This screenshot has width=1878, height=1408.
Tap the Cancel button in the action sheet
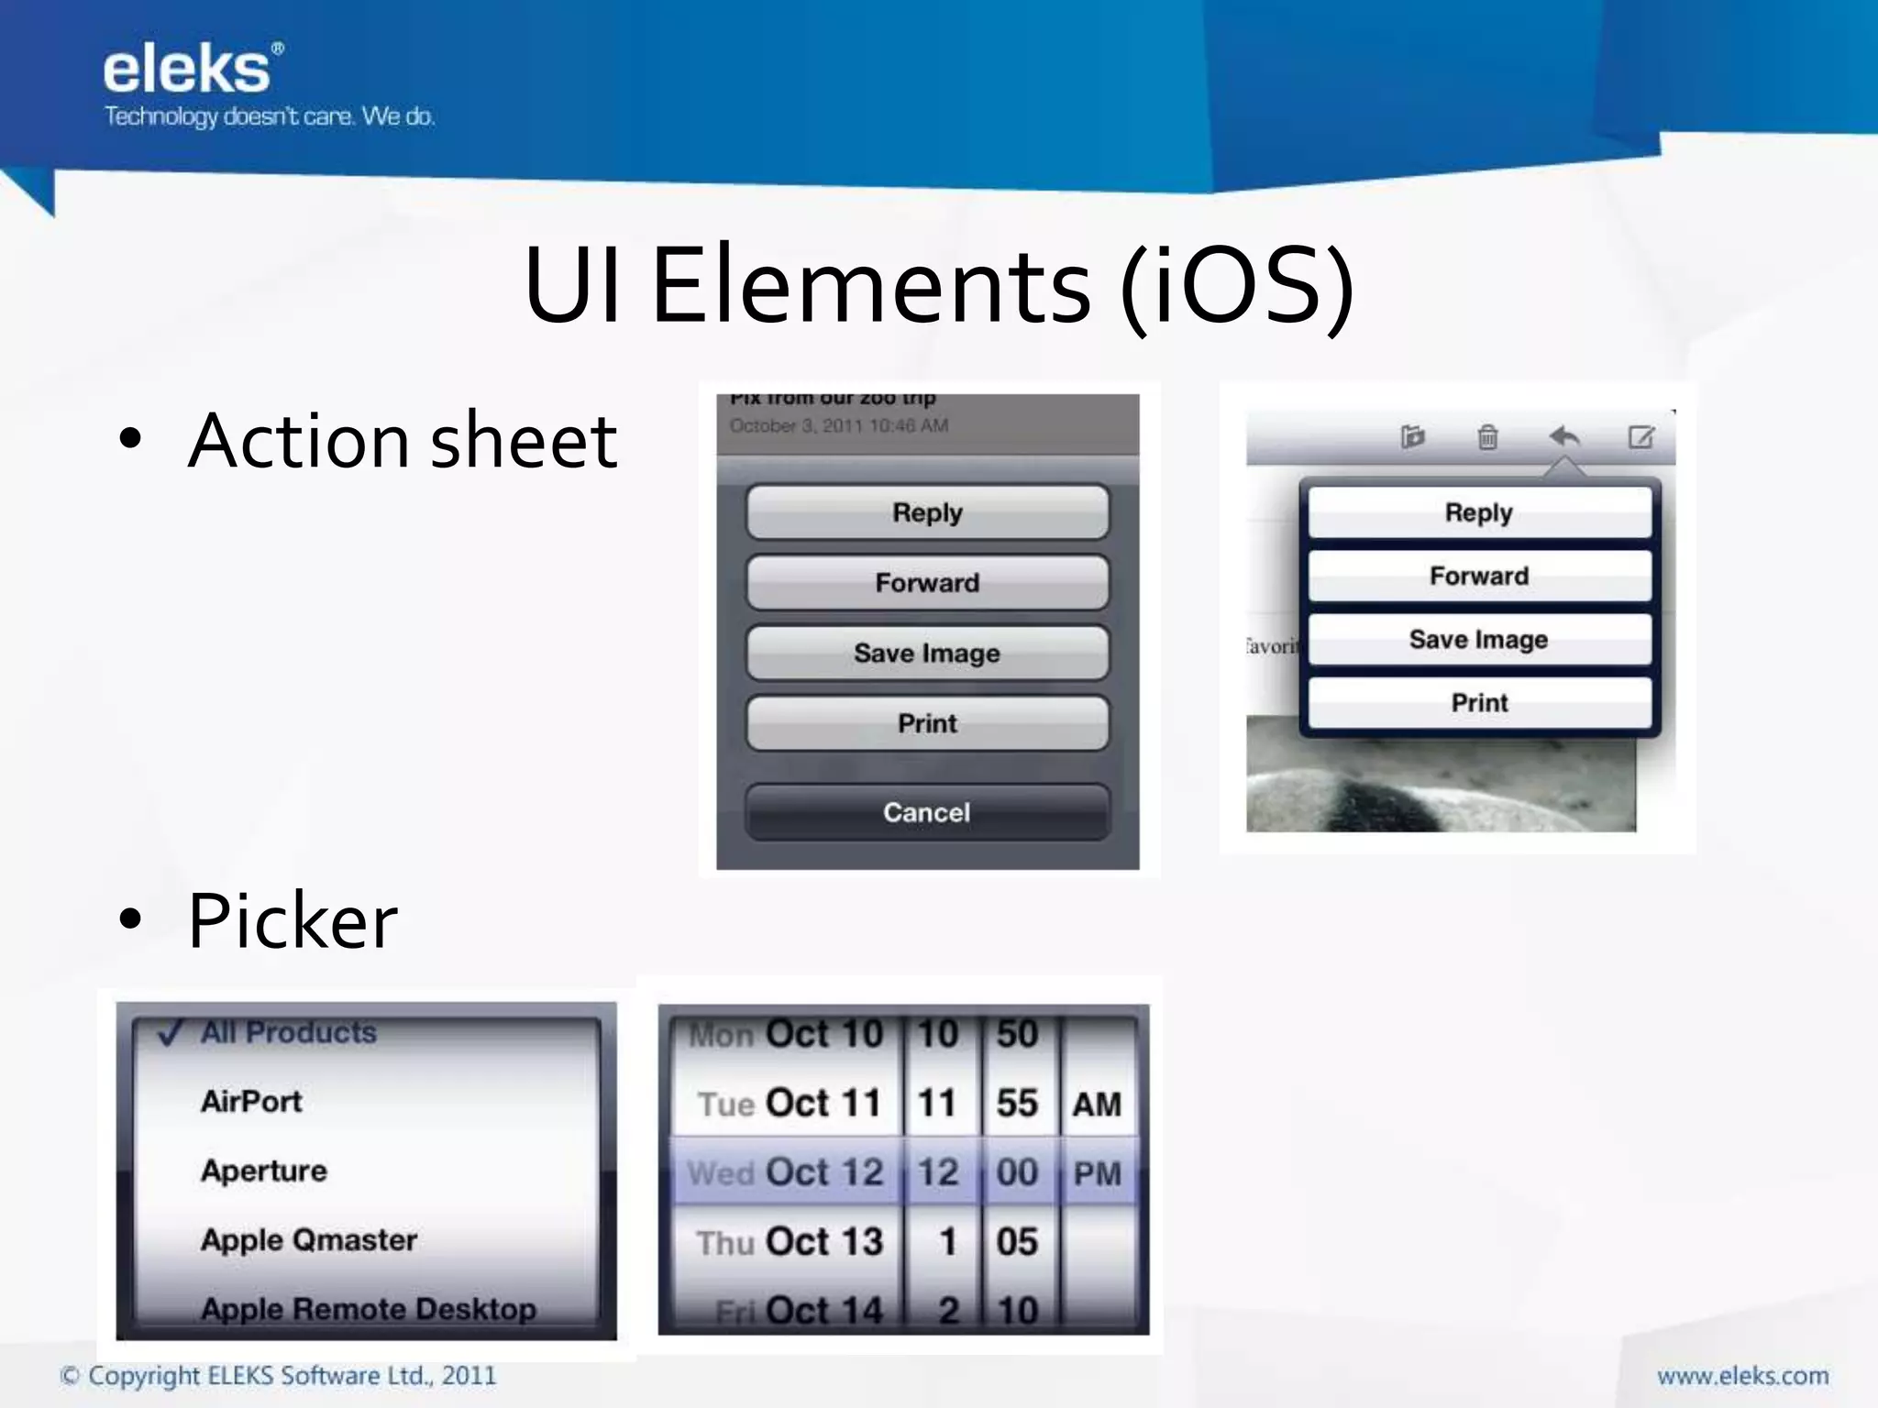point(927,812)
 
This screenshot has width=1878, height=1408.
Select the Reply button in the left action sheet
point(927,512)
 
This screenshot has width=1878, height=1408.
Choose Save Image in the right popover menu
point(1478,639)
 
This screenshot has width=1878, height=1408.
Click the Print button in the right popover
point(1478,703)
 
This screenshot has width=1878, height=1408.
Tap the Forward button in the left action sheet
point(927,583)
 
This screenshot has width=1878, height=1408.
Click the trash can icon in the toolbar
point(1487,437)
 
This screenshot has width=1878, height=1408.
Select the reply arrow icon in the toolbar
point(1564,436)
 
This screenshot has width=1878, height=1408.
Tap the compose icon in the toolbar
point(1640,436)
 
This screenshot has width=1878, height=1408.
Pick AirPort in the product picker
point(251,1101)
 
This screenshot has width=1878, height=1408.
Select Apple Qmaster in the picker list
point(309,1240)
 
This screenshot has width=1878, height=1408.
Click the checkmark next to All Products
point(171,1033)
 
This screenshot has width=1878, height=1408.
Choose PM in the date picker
point(1098,1172)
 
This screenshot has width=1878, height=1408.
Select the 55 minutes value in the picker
point(1017,1103)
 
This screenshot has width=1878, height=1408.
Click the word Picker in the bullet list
point(293,920)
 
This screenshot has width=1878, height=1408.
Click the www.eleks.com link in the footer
point(1742,1376)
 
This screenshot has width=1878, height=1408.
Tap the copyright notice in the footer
point(278,1376)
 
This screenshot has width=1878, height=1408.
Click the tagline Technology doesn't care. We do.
point(269,116)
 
